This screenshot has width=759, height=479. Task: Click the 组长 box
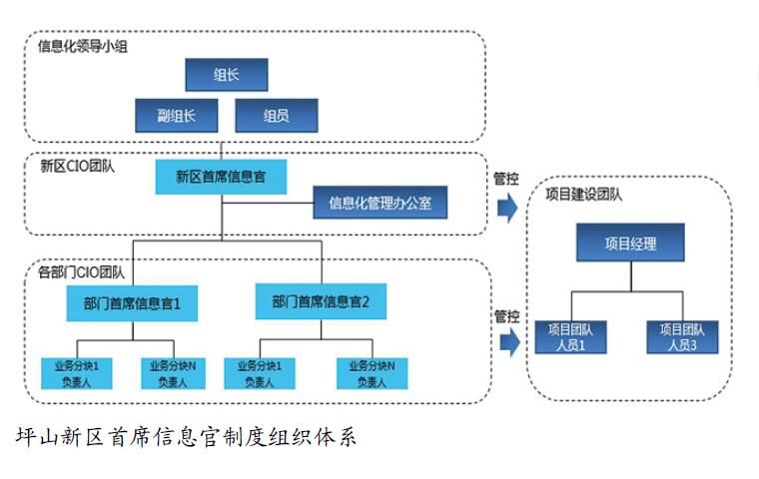point(226,75)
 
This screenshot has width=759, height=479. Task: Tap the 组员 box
point(276,116)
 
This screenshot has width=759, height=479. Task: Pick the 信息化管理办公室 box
point(379,204)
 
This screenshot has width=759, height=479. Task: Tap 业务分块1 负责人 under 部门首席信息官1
point(76,373)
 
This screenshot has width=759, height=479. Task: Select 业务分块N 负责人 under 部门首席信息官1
point(174,373)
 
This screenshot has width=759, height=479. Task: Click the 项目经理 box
point(630,243)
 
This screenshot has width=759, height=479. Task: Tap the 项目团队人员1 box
point(573,336)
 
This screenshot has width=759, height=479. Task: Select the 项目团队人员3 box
point(682,336)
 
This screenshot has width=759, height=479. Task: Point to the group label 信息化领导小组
point(82,46)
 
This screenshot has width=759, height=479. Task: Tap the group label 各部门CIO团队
point(75,271)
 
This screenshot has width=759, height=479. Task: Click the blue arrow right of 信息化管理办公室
point(508,208)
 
